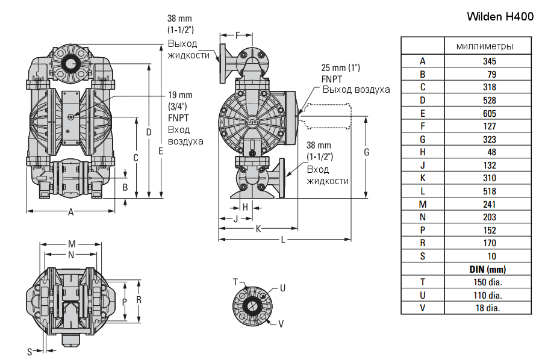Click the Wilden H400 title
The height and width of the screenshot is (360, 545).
[500, 17]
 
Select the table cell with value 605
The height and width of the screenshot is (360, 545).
[489, 113]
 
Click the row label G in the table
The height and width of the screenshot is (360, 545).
[423, 139]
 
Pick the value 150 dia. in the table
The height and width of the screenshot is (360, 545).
[489, 282]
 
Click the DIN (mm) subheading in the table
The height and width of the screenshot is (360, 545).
[489, 269]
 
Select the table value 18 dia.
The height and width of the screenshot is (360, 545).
[489, 308]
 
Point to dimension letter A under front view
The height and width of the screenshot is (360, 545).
[71, 212]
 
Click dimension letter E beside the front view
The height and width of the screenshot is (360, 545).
[161, 151]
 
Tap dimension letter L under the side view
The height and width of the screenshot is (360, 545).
[284, 240]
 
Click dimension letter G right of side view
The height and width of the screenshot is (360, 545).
[366, 153]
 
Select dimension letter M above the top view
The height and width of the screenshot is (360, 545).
[72, 244]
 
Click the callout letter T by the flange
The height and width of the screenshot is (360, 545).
[236, 282]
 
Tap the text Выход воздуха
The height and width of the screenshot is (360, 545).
[355, 90]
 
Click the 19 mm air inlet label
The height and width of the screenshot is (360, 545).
[180, 95]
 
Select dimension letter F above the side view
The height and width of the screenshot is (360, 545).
[237, 35]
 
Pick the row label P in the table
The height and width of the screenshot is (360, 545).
[423, 230]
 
